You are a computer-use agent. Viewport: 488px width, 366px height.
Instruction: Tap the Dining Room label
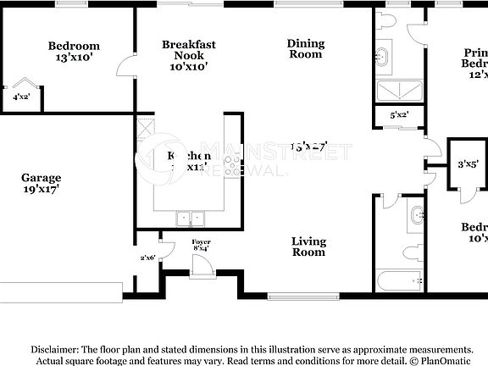point(305,48)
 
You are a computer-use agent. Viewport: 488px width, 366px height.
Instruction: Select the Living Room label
point(308,247)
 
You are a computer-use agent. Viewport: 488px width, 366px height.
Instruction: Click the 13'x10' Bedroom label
point(73,52)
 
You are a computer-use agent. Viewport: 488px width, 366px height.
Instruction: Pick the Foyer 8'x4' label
point(201,246)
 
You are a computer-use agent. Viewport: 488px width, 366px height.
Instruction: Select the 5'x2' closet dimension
point(399,114)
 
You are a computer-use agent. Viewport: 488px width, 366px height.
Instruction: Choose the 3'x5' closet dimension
point(468,165)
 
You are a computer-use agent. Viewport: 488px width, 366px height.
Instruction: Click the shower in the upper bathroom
point(399,91)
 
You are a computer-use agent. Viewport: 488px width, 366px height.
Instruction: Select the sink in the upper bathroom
point(382,58)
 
